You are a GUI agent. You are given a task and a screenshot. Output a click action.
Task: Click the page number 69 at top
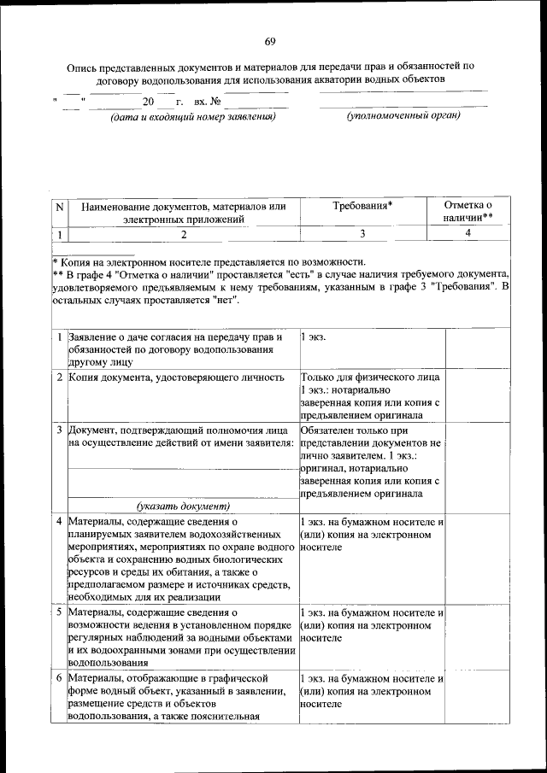coord(270,43)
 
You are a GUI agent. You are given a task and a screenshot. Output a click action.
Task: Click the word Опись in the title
coord(84,66)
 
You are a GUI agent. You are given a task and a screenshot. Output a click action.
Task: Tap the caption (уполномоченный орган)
coord(403,115)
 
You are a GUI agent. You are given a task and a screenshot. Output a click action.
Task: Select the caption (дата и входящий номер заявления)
coord(192,116)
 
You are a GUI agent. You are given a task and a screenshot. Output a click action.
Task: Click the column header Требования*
coord(362,206)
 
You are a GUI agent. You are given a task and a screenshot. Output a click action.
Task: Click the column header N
coord(59,207)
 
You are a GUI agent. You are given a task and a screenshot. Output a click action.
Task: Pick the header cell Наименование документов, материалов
coord(183,213)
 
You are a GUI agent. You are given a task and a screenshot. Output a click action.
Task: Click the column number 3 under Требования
coord(362,232)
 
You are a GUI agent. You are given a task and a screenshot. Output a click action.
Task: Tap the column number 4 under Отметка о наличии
coord(468,232)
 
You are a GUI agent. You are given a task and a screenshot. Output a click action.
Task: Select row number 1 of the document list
coord(59,337)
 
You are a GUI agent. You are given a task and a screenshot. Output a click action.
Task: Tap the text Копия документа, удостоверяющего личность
coord(176,377)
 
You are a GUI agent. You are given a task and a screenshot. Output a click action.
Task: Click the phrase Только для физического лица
coord(371,377)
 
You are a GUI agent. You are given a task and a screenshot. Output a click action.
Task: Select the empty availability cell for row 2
coord(478,395)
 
